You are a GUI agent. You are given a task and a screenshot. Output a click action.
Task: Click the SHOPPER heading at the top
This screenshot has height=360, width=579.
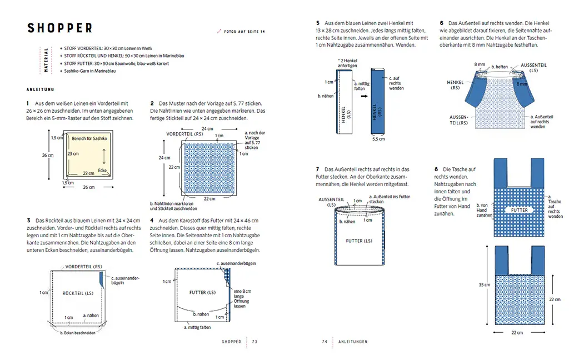[x=60, y=28]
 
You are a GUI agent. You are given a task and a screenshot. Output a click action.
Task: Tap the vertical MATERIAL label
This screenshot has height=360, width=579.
[x=46, y=61]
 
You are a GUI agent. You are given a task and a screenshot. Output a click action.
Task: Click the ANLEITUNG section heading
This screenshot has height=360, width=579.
[x=41, y=89]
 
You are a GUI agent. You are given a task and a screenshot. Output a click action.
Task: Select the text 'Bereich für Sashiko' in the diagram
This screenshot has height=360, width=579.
[x=89, y=137]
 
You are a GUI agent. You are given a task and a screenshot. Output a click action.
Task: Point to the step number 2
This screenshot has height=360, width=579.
[x=152, y=104]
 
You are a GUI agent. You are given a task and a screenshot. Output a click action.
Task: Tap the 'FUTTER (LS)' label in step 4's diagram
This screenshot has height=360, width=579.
[x=202, y=292]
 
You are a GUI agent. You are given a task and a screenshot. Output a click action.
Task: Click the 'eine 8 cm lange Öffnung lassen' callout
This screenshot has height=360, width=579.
[x=242, y=298]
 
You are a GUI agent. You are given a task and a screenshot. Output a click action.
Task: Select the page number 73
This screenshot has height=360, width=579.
[x=254, y=341]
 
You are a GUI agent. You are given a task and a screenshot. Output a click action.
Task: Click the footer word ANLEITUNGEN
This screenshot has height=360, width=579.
[x=353, y=341]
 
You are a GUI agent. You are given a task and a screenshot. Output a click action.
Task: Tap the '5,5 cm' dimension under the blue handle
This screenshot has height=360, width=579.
[x=379, y=139]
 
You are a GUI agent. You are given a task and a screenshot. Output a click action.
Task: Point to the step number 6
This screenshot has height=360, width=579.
[x=442, y=23]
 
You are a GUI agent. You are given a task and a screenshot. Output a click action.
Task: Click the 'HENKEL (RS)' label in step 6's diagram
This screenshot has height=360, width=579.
[x=455, y=84]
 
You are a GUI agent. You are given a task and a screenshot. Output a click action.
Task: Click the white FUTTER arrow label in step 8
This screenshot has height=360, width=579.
[x=520, y=211]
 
